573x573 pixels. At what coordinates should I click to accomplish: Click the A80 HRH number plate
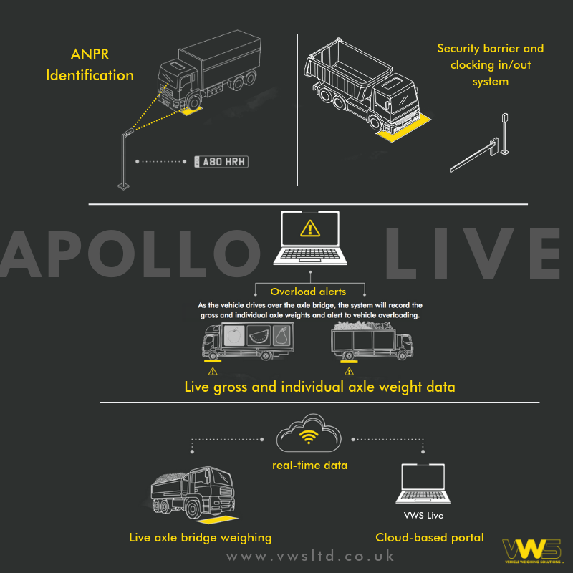click(x=221, y=162)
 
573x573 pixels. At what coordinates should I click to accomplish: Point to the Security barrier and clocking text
click(x=490, y=64)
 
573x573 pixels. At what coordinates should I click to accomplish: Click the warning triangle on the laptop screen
click(x=309, y=228)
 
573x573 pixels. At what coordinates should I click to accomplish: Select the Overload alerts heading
click(x=308, y=292)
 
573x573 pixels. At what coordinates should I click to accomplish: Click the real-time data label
click(x=309, y=465)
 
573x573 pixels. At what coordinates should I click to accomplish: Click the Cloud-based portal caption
click(x=430, y=537)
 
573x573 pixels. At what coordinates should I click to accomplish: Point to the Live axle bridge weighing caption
click(x=200, y=537)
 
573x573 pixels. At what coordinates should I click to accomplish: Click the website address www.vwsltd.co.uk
click(x=310, y=556)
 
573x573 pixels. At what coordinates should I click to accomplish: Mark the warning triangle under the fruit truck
click(x=212, y=372)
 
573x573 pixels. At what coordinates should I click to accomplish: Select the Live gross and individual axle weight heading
click(x=319, y=387)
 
